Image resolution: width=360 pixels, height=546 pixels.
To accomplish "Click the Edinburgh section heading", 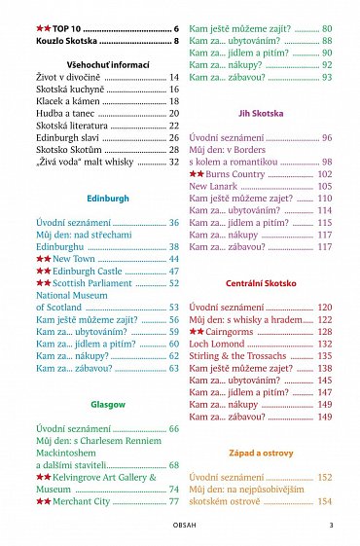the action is click(x=107, y=198).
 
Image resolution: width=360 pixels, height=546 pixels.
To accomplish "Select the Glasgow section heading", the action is click(x=107, y=403).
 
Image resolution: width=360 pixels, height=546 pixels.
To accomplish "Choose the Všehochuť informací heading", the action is click(x=107, y=63).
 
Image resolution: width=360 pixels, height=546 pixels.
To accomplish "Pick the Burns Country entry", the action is click(x=234, y=173).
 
